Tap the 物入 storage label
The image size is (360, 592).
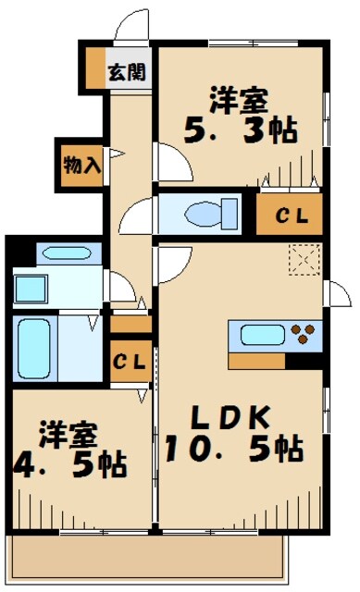(81, 166)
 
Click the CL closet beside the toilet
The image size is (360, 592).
(289, 216)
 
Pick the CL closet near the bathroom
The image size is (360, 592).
(130, 363)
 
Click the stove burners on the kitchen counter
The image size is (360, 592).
(304, 333)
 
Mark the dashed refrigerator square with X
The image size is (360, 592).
(303, 260)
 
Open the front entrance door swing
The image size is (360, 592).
(131, 28)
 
